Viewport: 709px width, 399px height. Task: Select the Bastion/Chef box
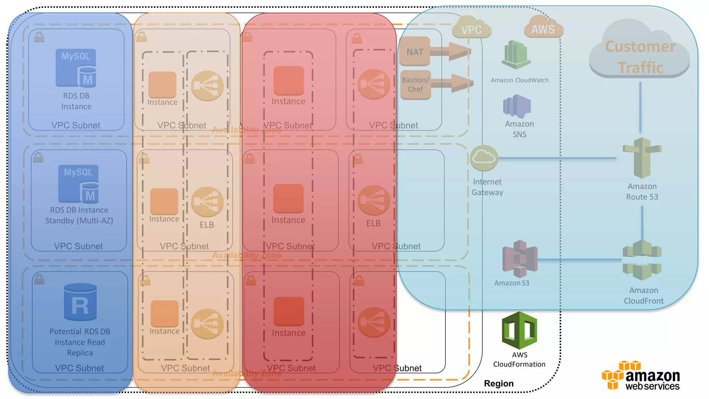(x=415, y=85)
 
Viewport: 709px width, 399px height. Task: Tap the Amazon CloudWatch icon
(x=516, y=55)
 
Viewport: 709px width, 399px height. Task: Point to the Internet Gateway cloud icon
(x=484, y=158)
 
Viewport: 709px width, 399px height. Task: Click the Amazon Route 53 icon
(x=642, y=158)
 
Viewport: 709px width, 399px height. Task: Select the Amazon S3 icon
(x=520, y=259)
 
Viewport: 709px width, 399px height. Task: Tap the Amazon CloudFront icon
(x=642, y=260)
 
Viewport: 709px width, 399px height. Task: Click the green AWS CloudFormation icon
(x=519, y=330)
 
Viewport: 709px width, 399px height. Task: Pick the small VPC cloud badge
(x=472, y=29)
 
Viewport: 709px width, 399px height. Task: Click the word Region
(x=499, y=383)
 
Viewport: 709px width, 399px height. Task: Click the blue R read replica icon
(x=80, y=303)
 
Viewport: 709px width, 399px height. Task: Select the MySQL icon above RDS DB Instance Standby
(x=79, y=184)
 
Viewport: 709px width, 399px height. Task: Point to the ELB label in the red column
(x=373, y=223)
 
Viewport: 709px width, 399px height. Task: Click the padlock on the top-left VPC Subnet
(x=39, y=37)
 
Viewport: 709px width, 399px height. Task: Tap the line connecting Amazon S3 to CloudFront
(x=580, y=260)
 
